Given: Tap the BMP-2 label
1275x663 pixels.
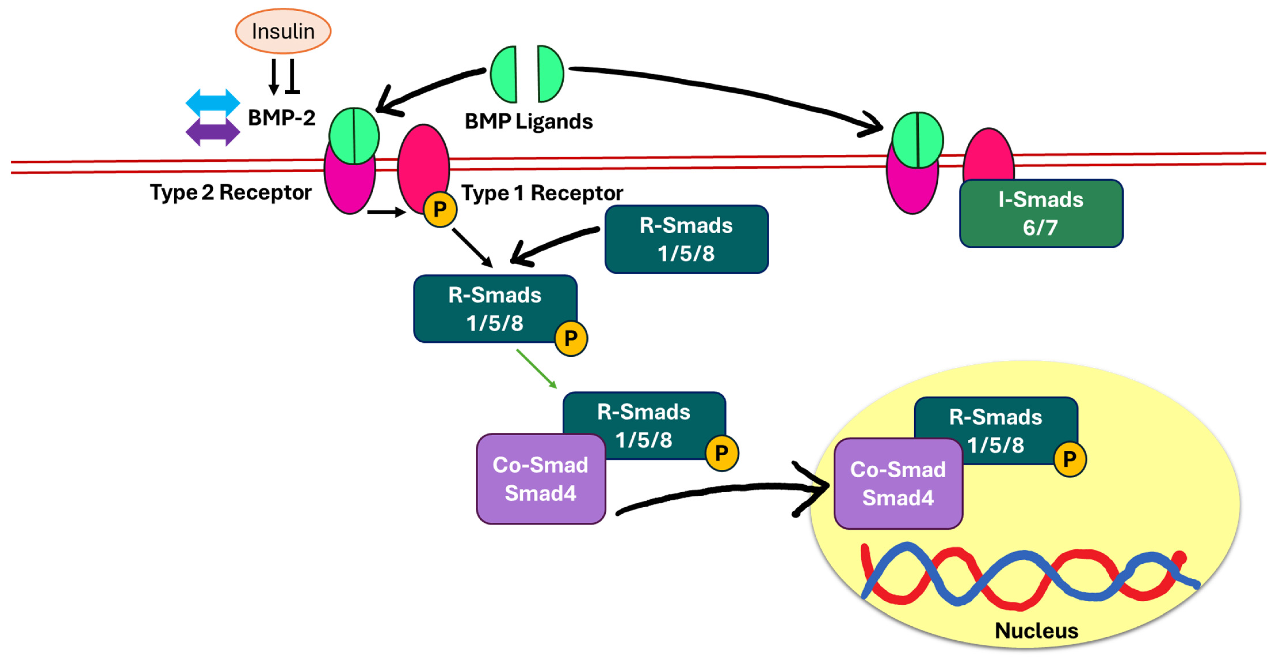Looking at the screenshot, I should pyautogui.click(x=281, y=118).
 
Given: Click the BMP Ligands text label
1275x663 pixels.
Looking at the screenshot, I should pyautogui.click(x=528, y=122).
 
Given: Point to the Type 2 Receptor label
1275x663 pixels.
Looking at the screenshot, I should pyautogui.click(x=231, y=192).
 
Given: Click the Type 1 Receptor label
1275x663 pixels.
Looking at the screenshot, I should pyautogui.click(x=542, y=193).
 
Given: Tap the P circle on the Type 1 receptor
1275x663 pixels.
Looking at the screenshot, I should pyautogui.click(x=439, y=209).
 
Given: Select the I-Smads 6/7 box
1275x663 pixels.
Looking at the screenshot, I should pyautogui.click(x=1040, y=213).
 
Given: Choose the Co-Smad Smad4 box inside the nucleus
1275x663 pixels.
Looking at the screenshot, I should pyautogui.click(x=898, y=483).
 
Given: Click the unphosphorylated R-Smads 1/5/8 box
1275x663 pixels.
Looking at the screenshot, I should pyautogui.click(x=686, y=239).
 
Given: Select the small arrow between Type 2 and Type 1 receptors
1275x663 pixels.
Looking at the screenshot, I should pyautogui.click(x=386, y=212).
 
